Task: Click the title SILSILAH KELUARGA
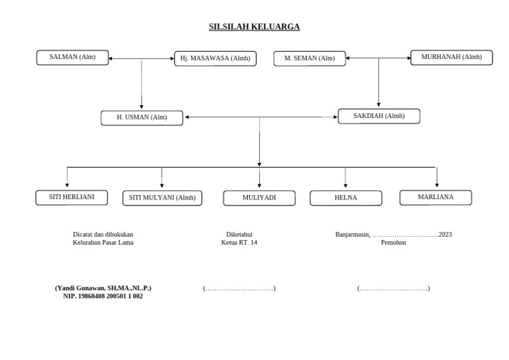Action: [x=254, y=27]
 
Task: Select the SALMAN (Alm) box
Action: [x=72, y=58]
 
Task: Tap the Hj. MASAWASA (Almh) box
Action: [x=215, y=58]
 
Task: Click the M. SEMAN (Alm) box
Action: [x=310, y=58]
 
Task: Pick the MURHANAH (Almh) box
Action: [x=451, y=58]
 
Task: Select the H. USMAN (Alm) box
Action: [x=142, y=118]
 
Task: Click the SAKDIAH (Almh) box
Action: [x=378, y=116]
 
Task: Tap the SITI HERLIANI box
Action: [x=72, y=198]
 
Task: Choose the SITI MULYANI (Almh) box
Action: [x=162, y=198]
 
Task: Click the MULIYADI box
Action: [x=259, y=198]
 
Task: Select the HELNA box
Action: [x=346, y=198]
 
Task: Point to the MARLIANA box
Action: [x=435, y=197]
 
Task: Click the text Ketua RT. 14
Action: [x=239, y=243]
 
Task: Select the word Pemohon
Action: [x=394, y=243]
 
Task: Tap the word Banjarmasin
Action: [x=353, y=235]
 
